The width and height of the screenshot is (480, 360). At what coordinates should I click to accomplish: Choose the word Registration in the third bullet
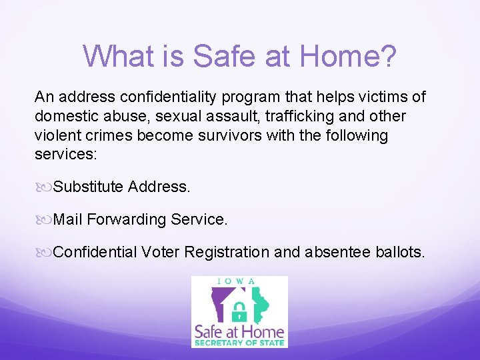tap(227, 252)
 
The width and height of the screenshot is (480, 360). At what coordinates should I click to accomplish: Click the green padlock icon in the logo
tap(240, 311)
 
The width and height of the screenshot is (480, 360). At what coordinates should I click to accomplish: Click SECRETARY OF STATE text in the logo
tap(239, 343)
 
